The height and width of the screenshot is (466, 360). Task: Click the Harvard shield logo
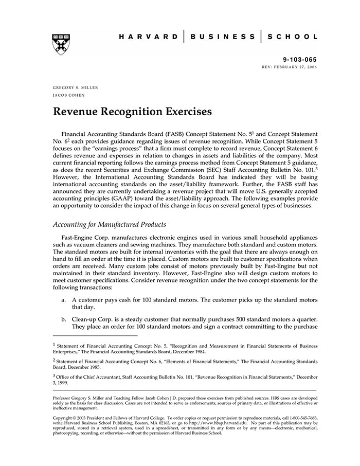61,44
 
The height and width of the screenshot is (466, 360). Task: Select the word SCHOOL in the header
294,37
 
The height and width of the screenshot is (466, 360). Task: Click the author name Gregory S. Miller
75,87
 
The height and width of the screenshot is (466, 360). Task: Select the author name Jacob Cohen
68,95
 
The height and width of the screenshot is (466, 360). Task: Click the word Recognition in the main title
144,111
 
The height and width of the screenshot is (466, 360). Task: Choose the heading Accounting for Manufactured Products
111,224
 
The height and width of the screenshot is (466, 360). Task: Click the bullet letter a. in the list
63,299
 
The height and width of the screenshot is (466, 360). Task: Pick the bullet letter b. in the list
63,319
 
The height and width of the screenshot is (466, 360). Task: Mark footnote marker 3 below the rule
54,375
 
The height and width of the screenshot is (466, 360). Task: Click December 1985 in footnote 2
84,368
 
